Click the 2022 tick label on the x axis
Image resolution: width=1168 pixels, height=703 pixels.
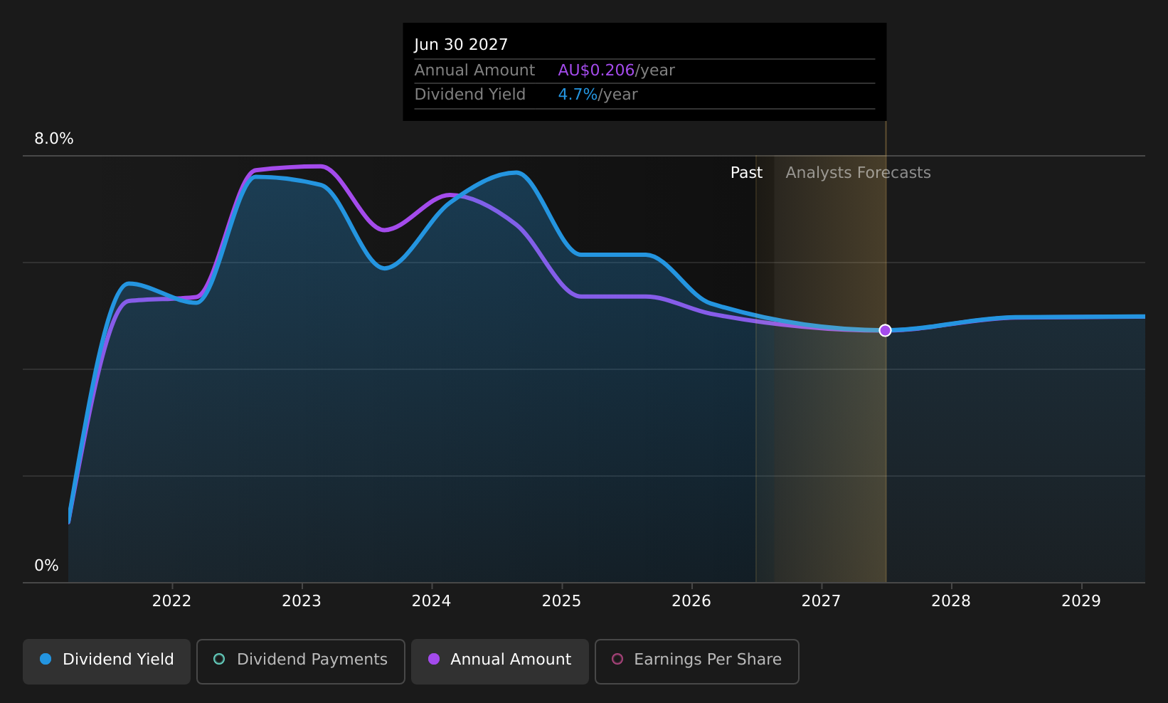point(171,601)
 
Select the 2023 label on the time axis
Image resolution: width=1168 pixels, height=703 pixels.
point(302,601)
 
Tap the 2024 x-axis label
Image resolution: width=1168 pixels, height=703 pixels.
point(431,601)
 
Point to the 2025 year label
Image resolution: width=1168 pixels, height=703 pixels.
point(561,601)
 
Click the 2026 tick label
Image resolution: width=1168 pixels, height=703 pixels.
point(691,601)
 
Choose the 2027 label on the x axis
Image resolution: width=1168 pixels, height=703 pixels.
point(822,601)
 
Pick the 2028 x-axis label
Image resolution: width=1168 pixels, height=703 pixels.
point(951,601)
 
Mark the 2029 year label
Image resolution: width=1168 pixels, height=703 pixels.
point(1081,601)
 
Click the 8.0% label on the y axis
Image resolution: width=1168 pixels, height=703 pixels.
point(54,139)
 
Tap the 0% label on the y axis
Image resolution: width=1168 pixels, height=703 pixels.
point(46,566)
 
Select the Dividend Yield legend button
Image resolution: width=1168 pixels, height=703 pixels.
point(107,661)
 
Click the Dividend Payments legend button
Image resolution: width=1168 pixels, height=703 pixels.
point(301,661)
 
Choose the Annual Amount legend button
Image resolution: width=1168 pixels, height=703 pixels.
point(500,661)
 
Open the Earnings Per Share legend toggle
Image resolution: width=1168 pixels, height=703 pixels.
point(697,661)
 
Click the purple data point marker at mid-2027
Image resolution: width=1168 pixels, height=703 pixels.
point(885,330)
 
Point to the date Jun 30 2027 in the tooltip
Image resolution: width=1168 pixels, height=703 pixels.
point(461,45)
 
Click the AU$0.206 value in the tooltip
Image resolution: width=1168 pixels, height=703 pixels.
point(596,70)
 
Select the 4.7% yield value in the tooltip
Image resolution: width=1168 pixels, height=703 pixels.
point(578,95)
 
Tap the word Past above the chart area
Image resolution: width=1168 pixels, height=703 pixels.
point(746,173)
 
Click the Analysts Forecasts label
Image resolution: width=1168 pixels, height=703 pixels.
point(858,173)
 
